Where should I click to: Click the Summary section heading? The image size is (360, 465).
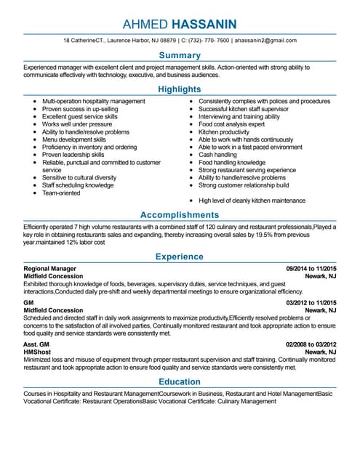click(180, 55)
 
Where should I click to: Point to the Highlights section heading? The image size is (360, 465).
click(180, 89)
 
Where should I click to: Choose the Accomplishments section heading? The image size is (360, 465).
click(180, 215)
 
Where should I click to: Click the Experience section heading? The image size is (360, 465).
click(180, 256)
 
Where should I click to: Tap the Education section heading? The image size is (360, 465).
click(180, 381)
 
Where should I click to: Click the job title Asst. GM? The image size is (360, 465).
click(37, 344)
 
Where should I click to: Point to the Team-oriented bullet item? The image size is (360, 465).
click(61, 193)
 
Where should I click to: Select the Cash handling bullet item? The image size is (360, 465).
click(217, 155)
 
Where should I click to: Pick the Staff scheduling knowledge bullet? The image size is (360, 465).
click(78, 185)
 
